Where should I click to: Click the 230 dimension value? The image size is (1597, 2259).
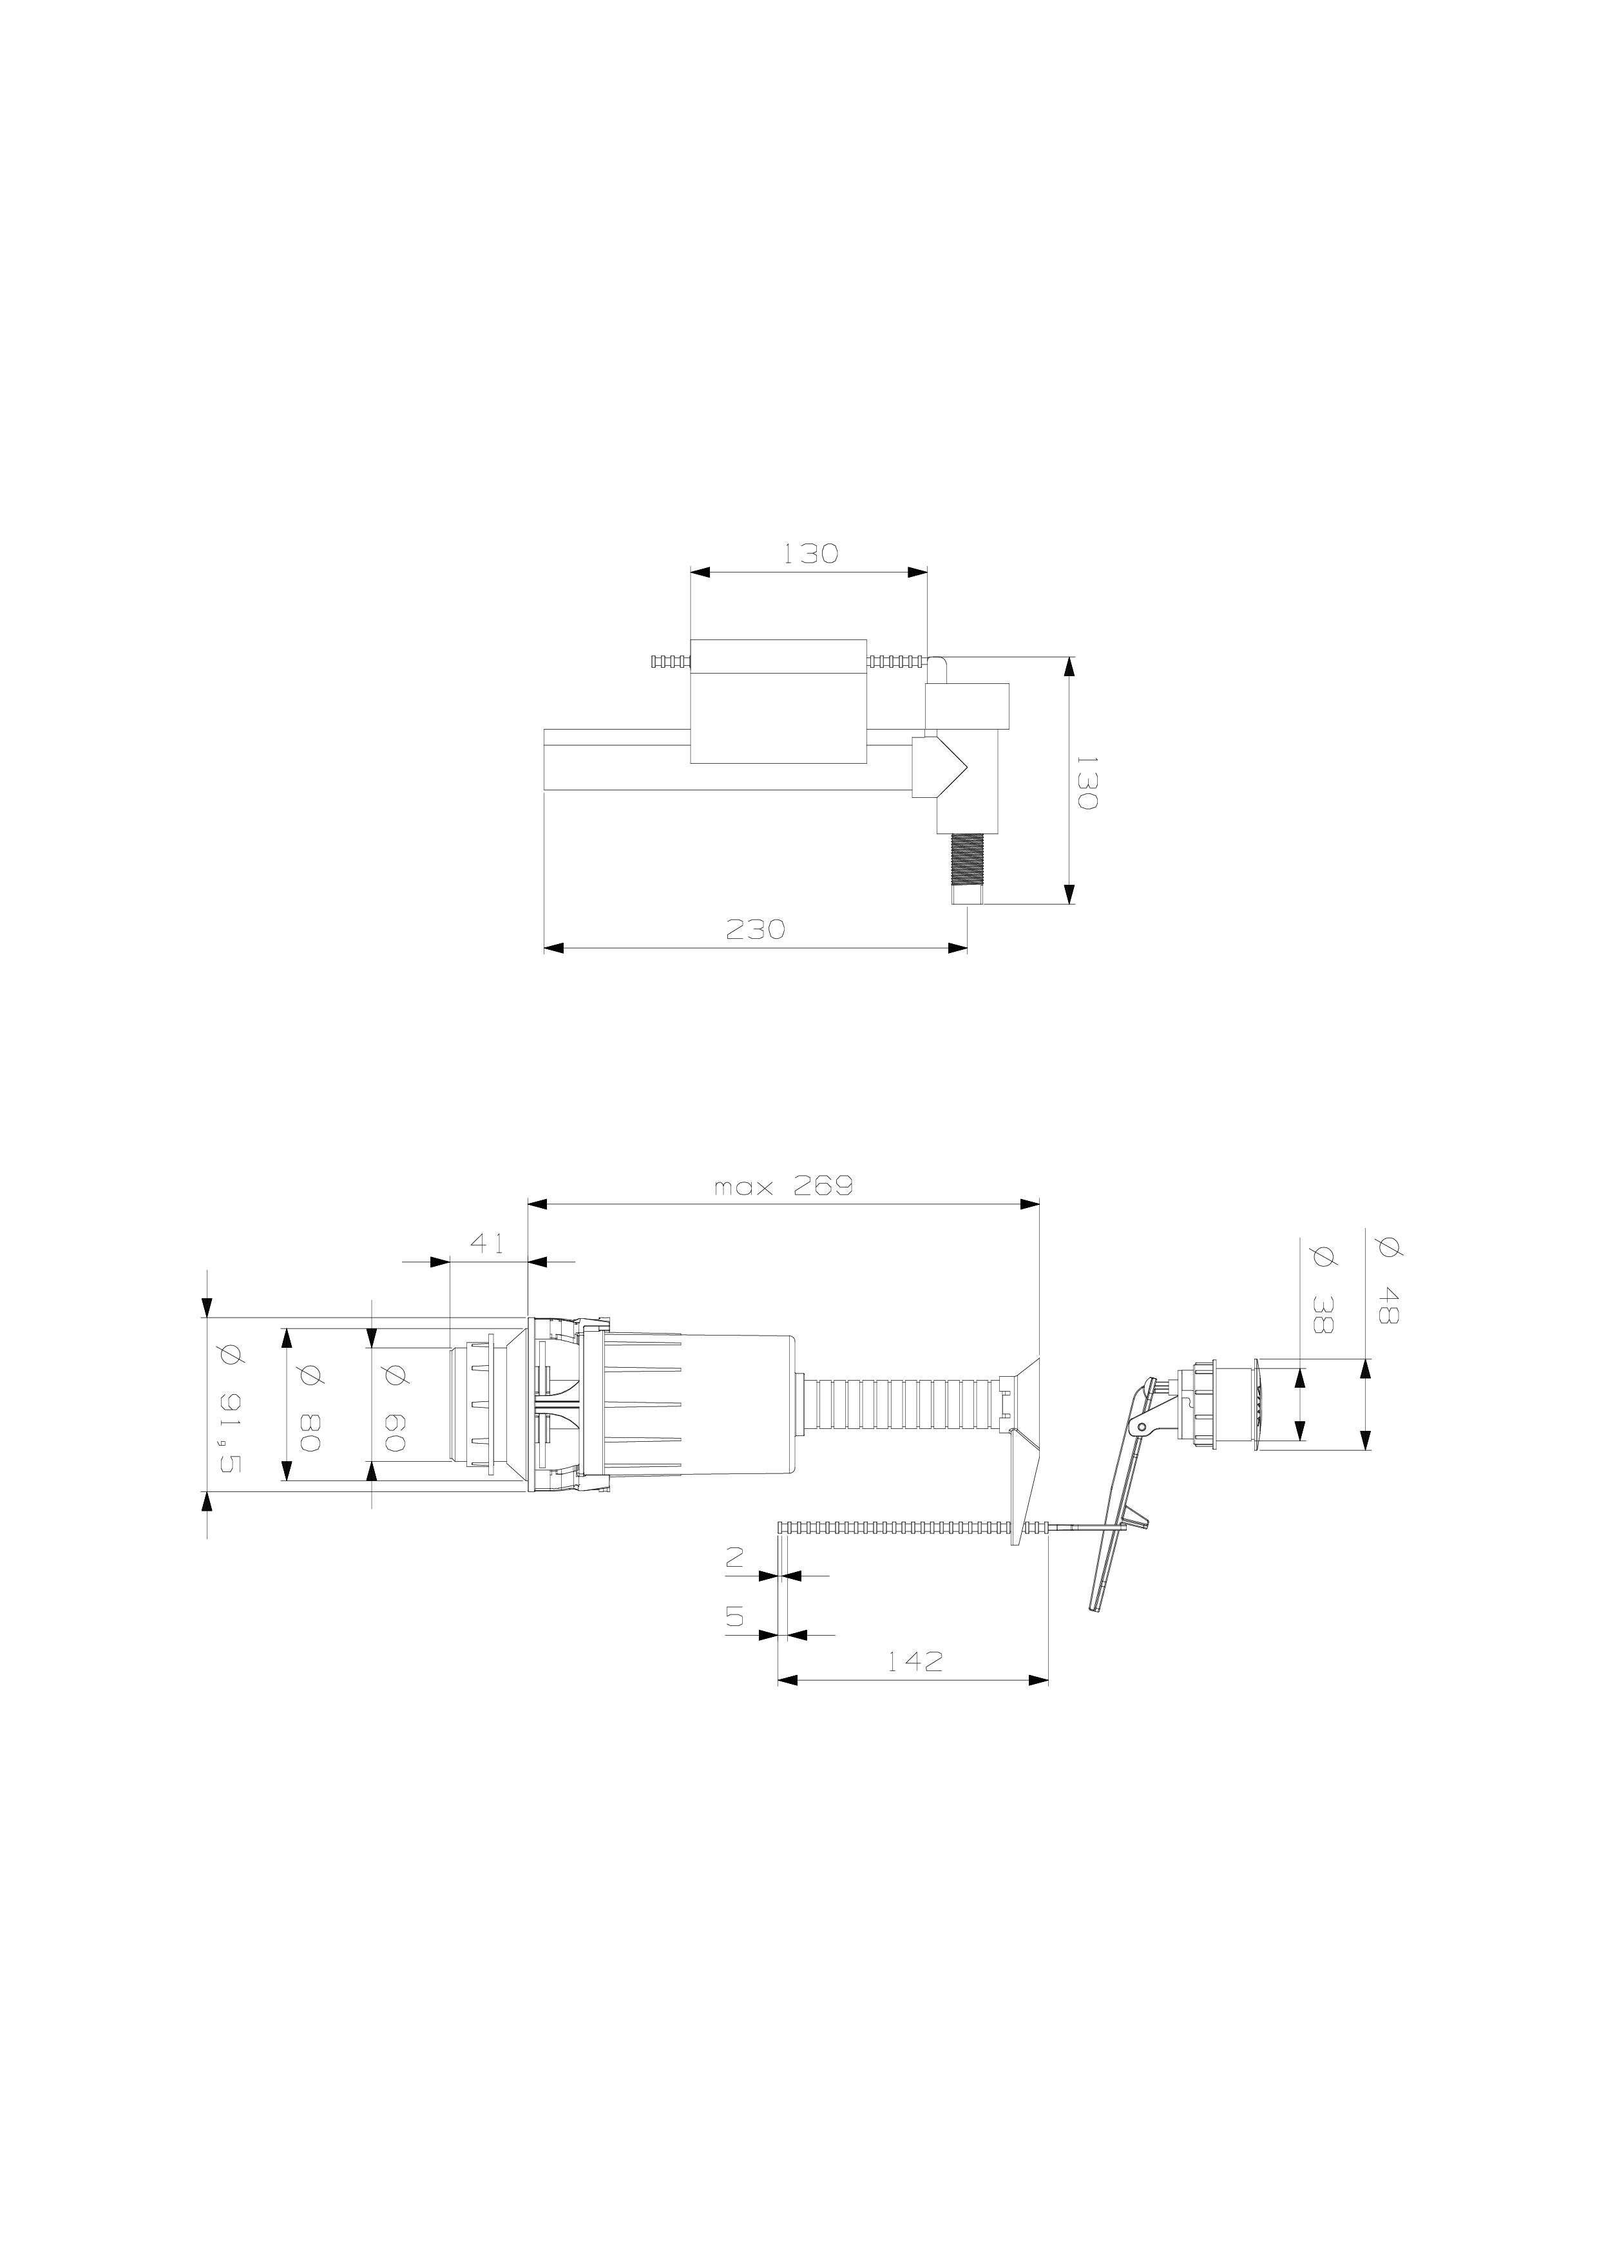pos(755,929)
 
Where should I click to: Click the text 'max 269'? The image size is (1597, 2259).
pos(783,1187)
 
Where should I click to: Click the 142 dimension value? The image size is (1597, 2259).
pos(914,1662)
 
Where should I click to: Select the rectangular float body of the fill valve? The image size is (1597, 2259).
pos(778,701)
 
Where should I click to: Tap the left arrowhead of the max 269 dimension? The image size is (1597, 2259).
pos(538,1204)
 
